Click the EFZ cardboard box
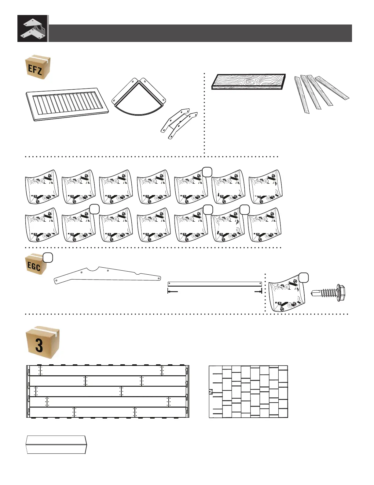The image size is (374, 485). click(37, 67)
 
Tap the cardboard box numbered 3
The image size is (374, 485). click(42, 343)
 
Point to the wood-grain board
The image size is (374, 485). click(249, 81)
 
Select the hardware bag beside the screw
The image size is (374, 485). click(287, 294)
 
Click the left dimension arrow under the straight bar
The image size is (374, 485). click(173, 292)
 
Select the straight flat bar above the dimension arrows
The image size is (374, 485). click(215, 284)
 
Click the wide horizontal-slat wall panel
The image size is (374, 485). click(108, 392)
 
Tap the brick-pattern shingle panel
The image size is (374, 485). click(248, 392)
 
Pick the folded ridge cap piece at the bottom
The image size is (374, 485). click(56, 445)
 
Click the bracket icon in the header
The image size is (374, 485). click(33, 28)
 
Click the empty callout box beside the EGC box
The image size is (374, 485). click(48, 258)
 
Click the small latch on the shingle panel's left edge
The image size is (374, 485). click(211, 392)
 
